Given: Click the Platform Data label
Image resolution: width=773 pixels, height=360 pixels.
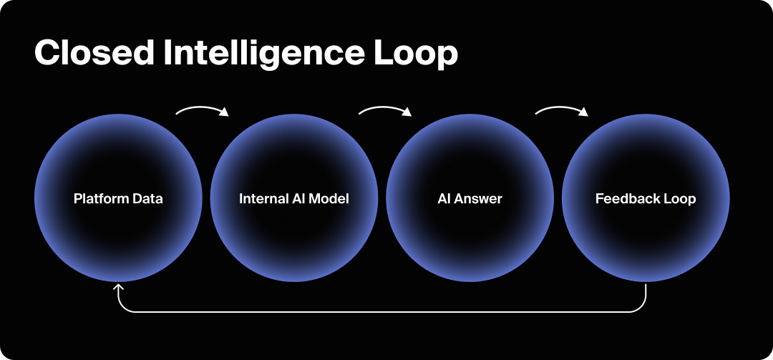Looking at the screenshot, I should pos(118,198).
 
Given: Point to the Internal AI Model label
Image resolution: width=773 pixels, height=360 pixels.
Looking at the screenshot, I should pos(294,198).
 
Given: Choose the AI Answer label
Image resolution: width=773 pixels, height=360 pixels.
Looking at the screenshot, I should pos(470,198).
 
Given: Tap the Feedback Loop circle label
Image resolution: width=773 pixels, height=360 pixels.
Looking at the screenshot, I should pos(646,198).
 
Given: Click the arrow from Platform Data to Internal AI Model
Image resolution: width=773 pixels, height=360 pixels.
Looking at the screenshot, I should pos(203,110).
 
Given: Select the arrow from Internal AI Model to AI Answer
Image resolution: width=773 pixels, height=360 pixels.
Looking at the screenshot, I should pos(385,110).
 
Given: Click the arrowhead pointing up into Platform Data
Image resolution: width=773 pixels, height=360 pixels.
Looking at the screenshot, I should pos(119,288).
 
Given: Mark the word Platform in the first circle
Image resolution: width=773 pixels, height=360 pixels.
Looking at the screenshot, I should pos(97,198).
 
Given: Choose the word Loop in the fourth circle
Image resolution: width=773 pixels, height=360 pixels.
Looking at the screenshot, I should pos(679,198).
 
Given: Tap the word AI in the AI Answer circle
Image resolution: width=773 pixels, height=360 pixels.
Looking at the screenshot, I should pos(443,198).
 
